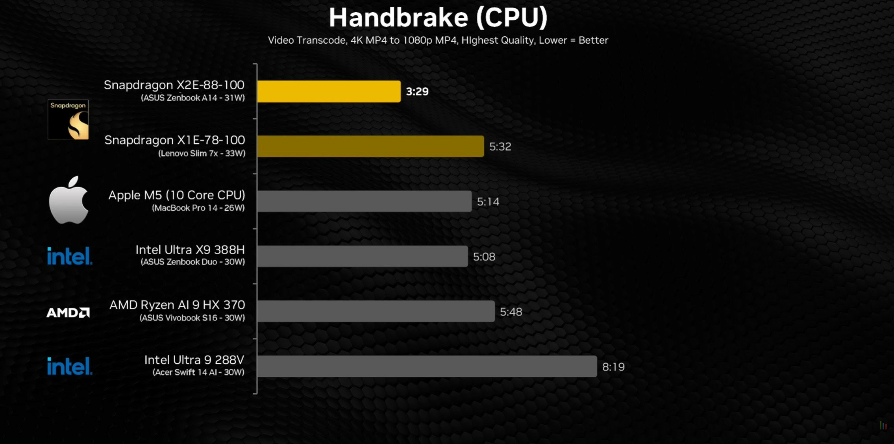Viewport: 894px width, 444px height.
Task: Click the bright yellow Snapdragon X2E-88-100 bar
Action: [329, 91]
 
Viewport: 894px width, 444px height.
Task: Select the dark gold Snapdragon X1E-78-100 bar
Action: [370, 146]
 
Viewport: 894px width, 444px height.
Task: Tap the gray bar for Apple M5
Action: [364, 202]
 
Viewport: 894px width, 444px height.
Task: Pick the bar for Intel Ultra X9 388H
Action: [362, 257]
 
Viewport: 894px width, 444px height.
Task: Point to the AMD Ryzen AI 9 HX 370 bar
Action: [376, 311]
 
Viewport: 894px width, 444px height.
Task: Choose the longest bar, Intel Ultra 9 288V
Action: [427, 366]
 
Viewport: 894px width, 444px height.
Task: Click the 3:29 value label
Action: [417, 92]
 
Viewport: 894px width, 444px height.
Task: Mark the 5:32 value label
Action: [500, 147]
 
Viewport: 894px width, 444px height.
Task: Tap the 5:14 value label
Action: [488, 202]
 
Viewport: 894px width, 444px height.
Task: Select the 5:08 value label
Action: [484, 257]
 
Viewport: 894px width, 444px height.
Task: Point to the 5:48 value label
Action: [511, 312]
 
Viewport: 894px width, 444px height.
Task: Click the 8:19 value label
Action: [613, 367]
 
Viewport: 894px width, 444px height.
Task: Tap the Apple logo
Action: [68, 200]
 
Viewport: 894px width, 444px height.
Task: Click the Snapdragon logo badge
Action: [68, 120]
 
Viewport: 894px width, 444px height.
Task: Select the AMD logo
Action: [68, 313]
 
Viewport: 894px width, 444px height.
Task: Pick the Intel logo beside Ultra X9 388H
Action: [70, 256]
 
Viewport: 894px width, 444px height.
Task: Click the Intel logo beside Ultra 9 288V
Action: [70, 366]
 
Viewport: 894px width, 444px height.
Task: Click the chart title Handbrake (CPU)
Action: [438, 18]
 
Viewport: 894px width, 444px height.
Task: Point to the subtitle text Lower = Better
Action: [574, 40]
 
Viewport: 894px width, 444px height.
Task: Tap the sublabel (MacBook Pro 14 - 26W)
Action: [198, 208]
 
